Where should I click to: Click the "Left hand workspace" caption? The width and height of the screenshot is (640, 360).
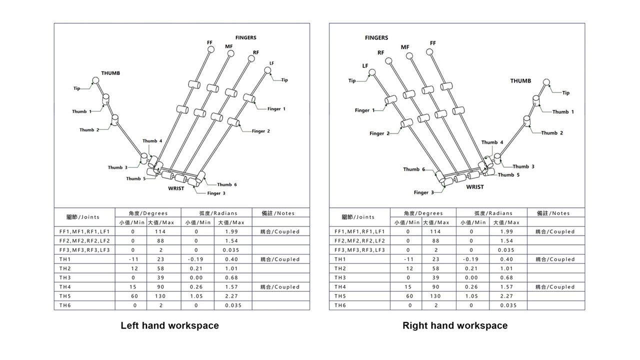tap(169, 325)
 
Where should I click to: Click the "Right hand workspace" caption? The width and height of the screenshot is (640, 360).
tap(455, 325)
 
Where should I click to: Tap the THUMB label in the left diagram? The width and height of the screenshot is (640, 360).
tap(110, 73)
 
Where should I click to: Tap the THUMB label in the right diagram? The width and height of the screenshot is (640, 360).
tap(520, 81)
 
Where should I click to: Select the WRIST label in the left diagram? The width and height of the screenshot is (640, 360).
tap(176, 188)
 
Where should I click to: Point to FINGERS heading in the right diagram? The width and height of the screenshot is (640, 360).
tap(376, 38)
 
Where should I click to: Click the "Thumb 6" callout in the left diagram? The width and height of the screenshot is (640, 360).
tap(227, 184)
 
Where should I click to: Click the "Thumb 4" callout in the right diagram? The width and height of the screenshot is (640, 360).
tap(492, 142)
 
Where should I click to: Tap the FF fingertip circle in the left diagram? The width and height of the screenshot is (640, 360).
tap(210, 49)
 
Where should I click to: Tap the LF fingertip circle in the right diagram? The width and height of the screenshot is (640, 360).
tap(371, 72)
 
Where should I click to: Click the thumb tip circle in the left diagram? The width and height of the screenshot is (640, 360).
tap(95, 80)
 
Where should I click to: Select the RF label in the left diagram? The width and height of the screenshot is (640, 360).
tap(256, 52)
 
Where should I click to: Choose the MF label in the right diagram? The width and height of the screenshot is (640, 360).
tap(405, 47)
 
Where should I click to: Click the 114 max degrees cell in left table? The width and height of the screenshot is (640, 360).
tap(160, 231)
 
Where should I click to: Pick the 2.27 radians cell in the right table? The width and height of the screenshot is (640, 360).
tap(506, 296)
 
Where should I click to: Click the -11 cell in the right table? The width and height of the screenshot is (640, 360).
tap(408, 259)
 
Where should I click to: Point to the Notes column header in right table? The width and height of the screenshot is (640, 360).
tap(555, 213)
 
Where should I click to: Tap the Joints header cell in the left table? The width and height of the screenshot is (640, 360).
tap(83, 217)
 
